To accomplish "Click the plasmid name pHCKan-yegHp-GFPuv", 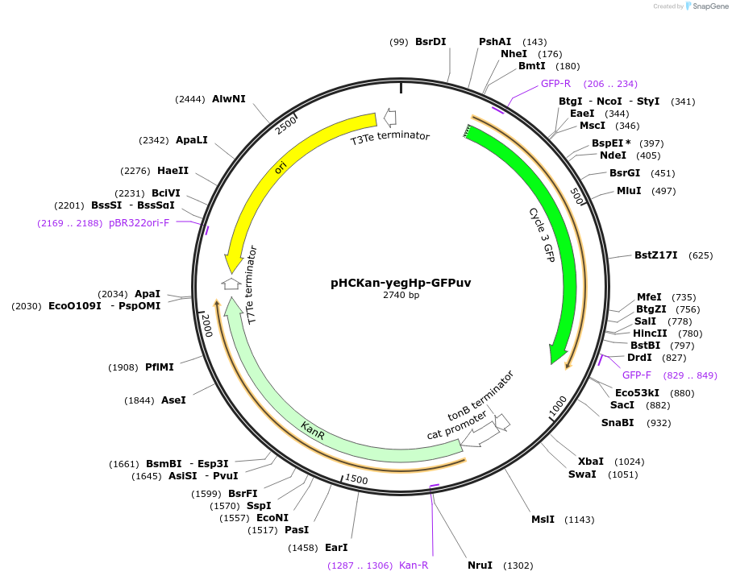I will (x=401, y=283).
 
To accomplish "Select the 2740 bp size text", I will (x=401, y=296).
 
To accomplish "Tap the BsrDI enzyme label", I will (x=430, y=42).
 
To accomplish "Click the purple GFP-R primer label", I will (x=555, y=84).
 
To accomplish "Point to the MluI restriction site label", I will (x=629, y=191).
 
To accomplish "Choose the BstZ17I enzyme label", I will (x=655, y=255).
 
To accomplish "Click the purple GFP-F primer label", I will (x=637, y=375).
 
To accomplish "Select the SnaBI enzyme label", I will (x=618, y=423).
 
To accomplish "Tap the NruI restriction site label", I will (x=480, y=565).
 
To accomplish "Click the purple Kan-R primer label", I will (x=414, y=565).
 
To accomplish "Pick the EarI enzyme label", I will (x=336, y=548).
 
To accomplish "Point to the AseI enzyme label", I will (x=173, y=400).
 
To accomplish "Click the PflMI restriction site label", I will (x=160, y=367).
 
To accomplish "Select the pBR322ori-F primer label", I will (x=139, y=223).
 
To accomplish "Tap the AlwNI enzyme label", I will (x=229, y=99).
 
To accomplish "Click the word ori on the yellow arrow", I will (x=281, y=167).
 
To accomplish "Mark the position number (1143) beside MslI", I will (x=579, y=520).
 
